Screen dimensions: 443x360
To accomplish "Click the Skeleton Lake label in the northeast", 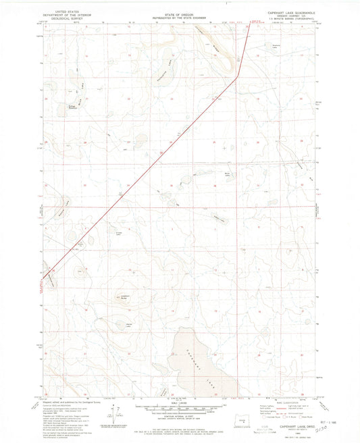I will pyautogui.click(x=275, y=46).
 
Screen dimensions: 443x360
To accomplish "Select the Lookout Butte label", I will pyautogui.click(x=125, y=294).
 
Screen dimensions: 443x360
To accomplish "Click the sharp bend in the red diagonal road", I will pyautogui.click(x=238, y=76).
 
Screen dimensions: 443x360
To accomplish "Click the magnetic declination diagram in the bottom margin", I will pyautogui.click(x=116, y=412).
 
